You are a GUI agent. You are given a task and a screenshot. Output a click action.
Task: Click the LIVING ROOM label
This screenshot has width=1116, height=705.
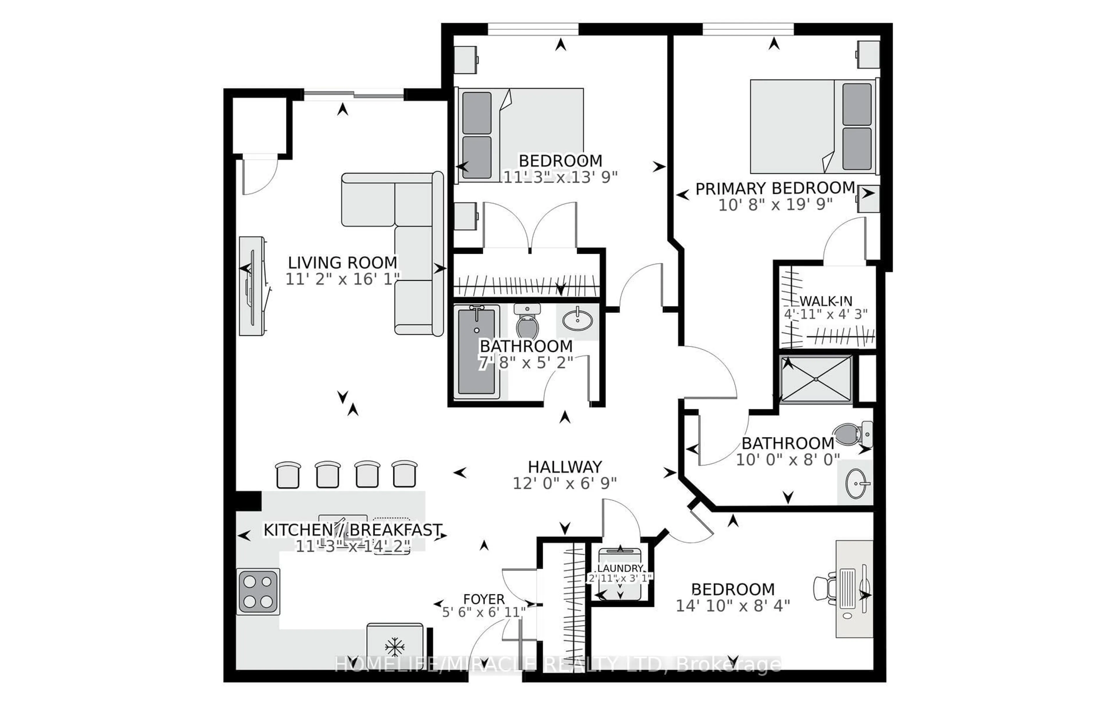point(342,263)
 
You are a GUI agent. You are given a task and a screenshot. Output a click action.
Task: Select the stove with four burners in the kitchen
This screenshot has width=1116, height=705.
point(258,591)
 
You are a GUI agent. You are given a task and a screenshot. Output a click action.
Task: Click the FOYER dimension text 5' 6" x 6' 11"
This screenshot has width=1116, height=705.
point(483,612)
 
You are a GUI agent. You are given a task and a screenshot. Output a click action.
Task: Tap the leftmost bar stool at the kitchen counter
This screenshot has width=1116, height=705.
point(288,475)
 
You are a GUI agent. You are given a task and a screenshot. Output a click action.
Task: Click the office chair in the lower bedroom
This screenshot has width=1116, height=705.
point(825,588)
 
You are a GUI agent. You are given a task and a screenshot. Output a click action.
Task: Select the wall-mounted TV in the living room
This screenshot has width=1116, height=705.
point(253,286)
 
